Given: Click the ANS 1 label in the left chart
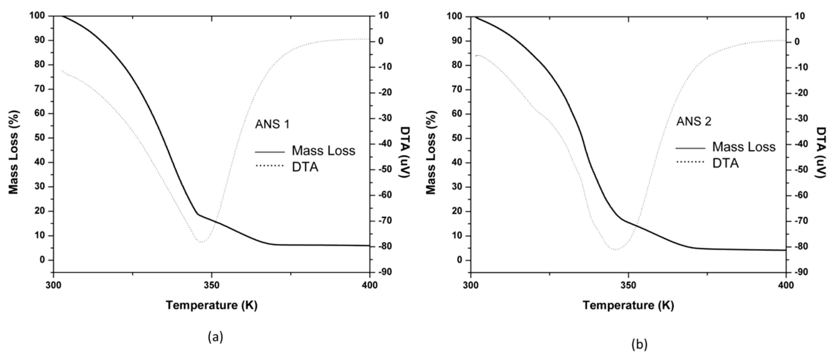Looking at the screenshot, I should pos(272,124).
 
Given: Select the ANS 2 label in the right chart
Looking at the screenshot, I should pos(694,121).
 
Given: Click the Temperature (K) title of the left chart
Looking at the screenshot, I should pos(211,305).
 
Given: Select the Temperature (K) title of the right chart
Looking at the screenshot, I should pos(628,305).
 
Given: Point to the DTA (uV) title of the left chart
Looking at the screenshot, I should pos(405,152).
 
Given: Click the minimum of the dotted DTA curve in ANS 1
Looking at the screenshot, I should pos(201,242).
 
